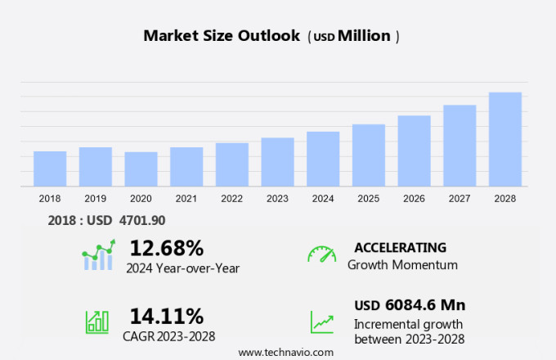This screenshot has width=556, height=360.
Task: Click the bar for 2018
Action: point(50,169)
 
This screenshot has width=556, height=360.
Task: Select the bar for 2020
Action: point(141,169)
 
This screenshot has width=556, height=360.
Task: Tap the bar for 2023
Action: point(277,162)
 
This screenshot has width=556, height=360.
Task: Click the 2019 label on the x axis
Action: point(95,199)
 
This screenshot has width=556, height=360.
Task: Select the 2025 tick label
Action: point(368,199)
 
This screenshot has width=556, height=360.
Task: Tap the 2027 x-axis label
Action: point(460,199)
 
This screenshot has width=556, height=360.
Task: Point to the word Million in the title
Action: point(364,36)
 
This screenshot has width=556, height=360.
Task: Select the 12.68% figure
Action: point(166,248)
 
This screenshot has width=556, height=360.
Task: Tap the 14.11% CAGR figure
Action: point(166,315)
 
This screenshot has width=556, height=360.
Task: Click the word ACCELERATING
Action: point(400,247)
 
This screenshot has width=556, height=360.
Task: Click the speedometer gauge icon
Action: point(321,254)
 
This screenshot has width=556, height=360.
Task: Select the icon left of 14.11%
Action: point(97,321)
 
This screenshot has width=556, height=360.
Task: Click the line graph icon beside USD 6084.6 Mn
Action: point(321,322)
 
